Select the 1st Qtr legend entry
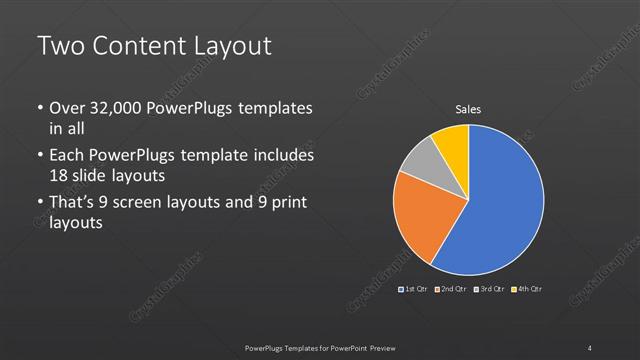tap(413, 289)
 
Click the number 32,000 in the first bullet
tap(119, 108)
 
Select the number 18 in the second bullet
tap(61, 175)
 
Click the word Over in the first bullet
tap(67, 108)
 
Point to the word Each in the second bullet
tap(67, 157)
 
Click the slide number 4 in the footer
tap(590, 347)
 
